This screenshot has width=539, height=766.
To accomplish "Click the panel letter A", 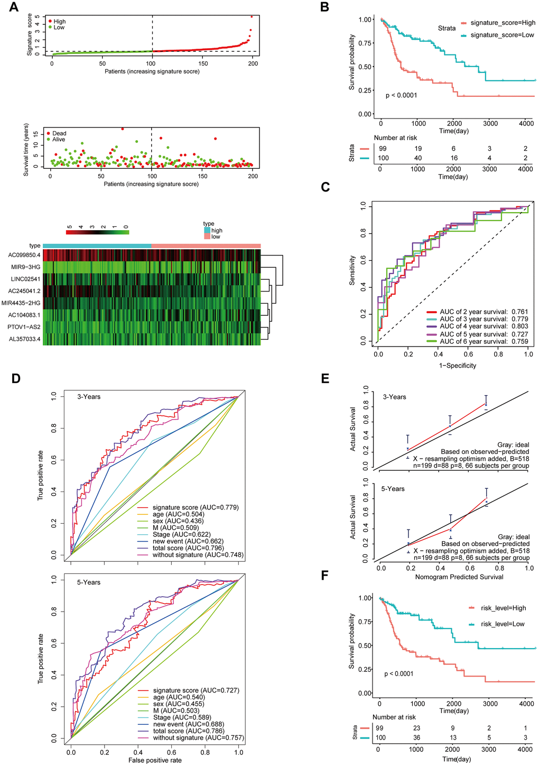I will pyautogui.click(x=12, y=7).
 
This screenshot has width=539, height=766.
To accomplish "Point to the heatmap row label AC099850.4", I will pyautogui.click(x=24, y=255).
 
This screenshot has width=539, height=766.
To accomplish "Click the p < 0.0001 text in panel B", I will pyautogui.click(x=401, y=95).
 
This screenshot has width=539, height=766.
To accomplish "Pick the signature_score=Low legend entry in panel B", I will pyautogui.click(x=502, y=35).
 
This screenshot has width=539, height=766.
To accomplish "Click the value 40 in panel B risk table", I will pyautogui.click(x=418, y=158).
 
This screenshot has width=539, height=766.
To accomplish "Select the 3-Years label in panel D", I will pyautogui.click(x=89, y=397).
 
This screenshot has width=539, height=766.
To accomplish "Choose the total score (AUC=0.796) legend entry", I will pyautogui.click(x=188, y=548).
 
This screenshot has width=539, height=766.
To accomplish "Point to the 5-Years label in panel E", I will pyautogui.click(x=393, y=489).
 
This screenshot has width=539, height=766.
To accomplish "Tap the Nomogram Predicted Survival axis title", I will pyautogui.click(x=459, y=577).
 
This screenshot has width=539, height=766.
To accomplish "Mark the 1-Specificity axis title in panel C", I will pyautogui.click(x=457, y=365).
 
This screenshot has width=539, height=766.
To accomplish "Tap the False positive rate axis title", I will pyautogui.click(x=155, y=760).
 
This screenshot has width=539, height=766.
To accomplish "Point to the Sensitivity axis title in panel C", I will pyautogui.click(x=352, y=270).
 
